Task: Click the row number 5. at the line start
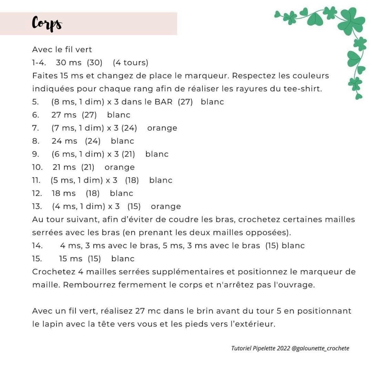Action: (35, 102)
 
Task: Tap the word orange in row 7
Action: (162, 128)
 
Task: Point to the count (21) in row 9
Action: (128, 154)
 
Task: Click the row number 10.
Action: (37, 167)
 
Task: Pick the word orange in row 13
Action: (166, 207)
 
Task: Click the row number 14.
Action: (37, 246)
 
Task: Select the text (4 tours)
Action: (130, 63)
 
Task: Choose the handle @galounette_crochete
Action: (320, 348)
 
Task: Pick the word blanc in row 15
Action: (123, 259)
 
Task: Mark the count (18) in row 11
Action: (132, 180)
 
